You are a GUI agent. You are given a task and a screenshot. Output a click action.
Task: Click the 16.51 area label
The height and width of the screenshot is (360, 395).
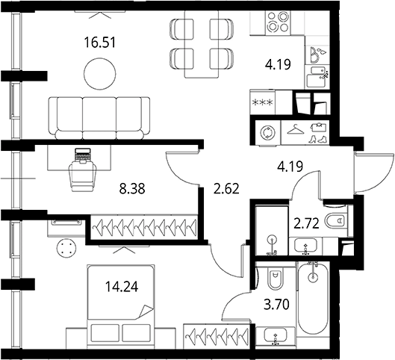(x=100, y=43)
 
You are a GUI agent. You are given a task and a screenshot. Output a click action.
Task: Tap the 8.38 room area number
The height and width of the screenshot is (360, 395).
(x=132, y=188)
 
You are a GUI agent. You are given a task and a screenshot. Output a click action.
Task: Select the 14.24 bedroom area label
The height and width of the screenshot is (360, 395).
(x=122, y=287)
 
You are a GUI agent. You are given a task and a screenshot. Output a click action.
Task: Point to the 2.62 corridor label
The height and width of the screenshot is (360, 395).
(x=226, y=188)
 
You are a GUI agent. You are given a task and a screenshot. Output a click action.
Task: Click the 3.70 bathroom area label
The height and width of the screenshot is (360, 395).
(x=276, y=304)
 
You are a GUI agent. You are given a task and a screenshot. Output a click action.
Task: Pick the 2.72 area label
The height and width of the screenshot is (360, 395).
(x=307, y=223)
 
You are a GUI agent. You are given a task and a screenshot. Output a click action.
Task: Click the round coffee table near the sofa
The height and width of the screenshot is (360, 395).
(x=100, y=73)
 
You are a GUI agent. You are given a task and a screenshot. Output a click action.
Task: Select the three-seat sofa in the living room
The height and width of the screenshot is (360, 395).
(x=99, y=118)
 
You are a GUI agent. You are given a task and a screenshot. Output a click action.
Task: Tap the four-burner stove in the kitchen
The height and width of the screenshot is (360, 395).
(x=278, y=23)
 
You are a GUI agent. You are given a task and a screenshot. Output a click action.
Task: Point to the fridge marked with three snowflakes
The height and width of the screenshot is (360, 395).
(x=263, y=102)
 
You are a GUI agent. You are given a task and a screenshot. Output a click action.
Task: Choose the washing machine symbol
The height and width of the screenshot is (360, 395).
(x=268, y=133)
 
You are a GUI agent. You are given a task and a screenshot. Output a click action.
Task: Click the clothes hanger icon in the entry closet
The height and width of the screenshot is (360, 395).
(x=296, y=130)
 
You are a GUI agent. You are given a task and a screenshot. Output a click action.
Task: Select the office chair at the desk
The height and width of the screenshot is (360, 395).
(x=82, y=175)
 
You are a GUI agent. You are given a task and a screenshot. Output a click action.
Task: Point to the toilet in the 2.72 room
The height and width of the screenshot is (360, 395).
(x=337, y=220)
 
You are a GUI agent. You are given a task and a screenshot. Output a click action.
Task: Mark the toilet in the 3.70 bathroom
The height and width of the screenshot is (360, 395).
(x=276, y=279)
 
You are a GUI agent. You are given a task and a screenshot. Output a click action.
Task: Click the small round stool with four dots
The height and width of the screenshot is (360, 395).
(x=66, y=248)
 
